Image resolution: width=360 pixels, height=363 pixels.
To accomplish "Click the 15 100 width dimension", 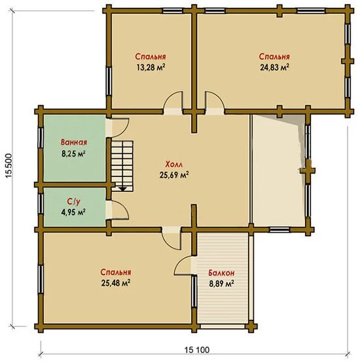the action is (x=197, y=350).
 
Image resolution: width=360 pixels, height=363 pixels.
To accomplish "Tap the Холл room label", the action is (x=174, y=164).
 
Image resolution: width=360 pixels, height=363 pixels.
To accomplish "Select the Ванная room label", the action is (x=74, y=142).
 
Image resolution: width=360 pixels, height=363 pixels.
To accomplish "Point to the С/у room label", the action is (x=74, y=202).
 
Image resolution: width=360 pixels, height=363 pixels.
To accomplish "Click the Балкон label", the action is (x=221, y=273).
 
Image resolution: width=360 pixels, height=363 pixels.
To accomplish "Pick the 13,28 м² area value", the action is (x=151, y=67).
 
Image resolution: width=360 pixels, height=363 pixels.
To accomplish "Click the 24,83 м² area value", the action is (x=275, y=67).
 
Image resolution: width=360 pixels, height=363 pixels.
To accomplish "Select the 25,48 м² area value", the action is (x=116, y=282).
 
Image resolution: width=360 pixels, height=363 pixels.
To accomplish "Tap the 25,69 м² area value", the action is (x=174, y=175).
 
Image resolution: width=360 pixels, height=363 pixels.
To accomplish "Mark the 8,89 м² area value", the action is (x=221, y=284).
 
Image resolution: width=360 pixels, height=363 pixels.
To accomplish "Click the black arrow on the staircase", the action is (x=122, y=189).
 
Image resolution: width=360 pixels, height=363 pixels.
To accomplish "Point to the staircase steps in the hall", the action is (x=122, y=166).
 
